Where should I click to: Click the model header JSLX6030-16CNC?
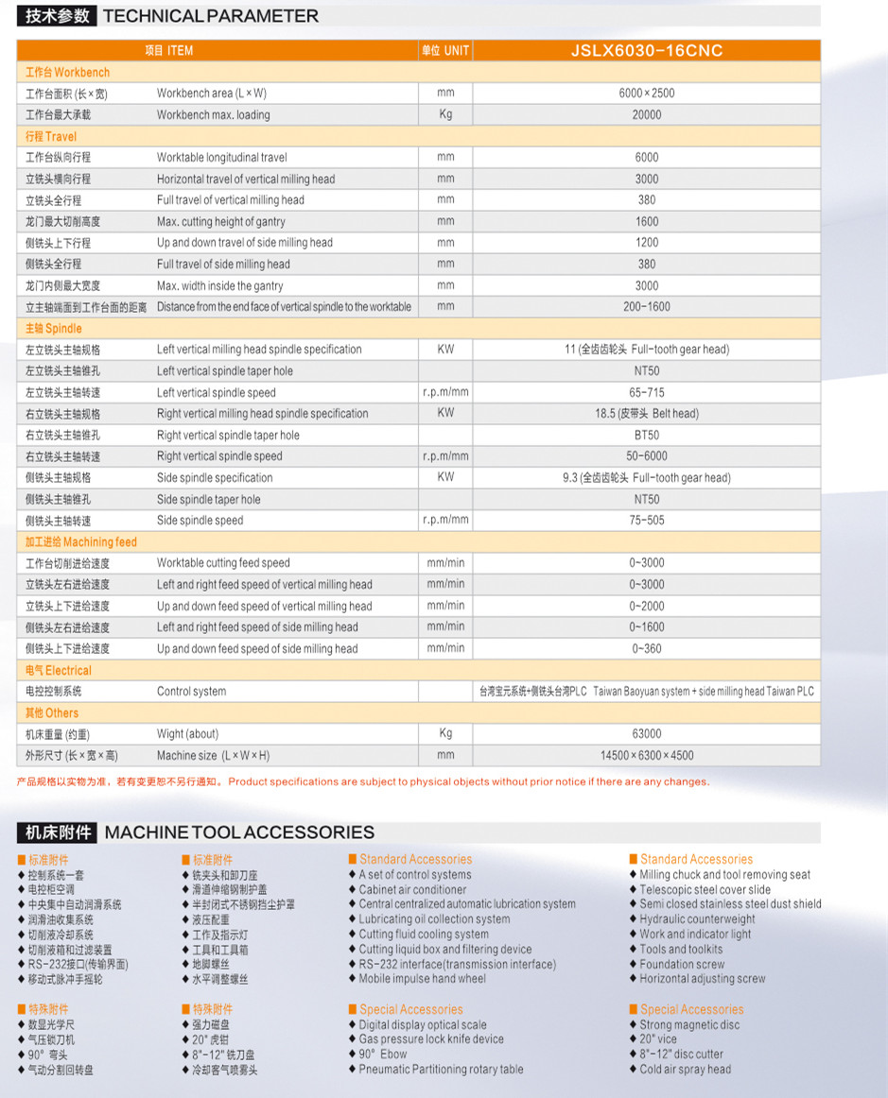tap(647, 51)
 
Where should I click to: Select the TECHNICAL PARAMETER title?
tap(210, 16)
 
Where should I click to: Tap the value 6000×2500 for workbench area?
tap(647, 94)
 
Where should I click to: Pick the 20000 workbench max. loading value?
tap(647, 115)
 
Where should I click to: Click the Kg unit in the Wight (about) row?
tap(445, 733)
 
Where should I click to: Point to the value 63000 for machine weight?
tap(647, 734)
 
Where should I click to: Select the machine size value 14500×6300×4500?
tap(647, 756)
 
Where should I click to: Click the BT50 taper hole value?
tap(647, 436)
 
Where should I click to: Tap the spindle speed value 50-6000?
tap(647, 456)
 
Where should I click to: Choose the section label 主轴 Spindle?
tap(54, 329)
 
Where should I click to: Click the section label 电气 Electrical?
tap(59, 670)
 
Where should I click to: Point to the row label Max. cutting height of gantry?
tap(220, 222)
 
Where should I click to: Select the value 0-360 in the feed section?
tap(647, 649)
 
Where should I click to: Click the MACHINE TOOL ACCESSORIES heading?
tap(239, 832)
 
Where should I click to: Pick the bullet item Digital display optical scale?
tap(423, 1025)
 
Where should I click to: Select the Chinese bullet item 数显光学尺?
tap(51, 1025)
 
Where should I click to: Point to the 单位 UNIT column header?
tap(445, 51)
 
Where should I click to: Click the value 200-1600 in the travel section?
tap(647, 307)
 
